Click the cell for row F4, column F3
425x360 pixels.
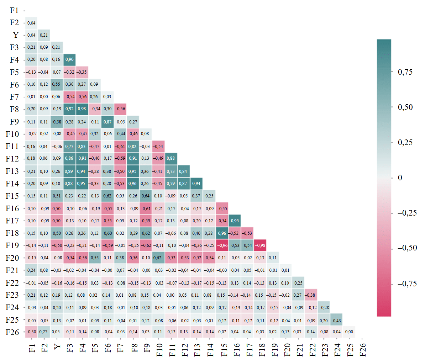(x=69, y=59)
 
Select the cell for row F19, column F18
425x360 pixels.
(x=261, y=245)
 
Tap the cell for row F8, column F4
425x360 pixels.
(x=82, y=109)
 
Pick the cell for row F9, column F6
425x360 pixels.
(x=107, y=122)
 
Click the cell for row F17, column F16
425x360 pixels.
(x=235, y=221)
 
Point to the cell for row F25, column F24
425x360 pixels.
(x=336, y=320)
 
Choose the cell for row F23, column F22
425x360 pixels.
(x=311, y=295)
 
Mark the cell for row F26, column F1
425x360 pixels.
(x=31, y=332)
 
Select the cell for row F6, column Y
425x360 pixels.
(x=56, y=84)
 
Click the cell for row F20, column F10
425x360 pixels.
(x=158, y=258)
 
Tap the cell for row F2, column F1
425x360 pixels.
(x=31, y=23)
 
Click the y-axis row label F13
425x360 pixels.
(x=12, y=171)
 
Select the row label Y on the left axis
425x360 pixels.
(x=16, y=35)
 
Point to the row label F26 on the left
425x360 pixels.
(x=12, y=332)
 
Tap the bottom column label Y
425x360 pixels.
(x=57, y=346)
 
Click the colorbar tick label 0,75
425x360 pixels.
(x=405, y=72)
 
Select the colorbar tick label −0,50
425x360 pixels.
(x=407, y=248)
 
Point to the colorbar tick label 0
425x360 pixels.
(x=400, y=178)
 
